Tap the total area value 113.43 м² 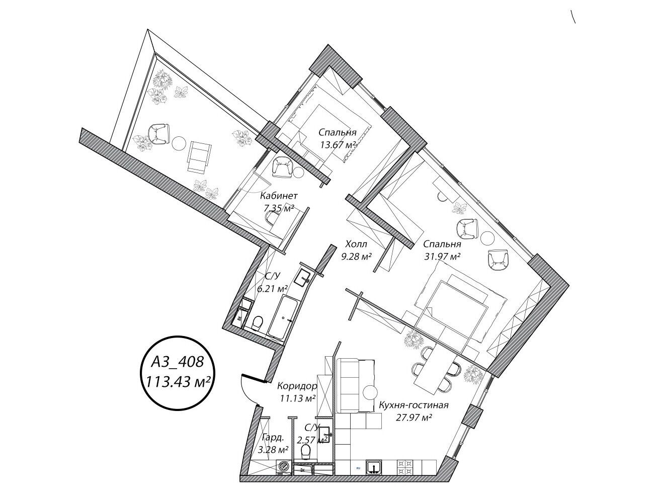[x=178, y=381]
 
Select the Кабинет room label [x=279, y=196]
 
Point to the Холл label [x=356, y=244]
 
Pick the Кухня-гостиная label [x=414, y=405]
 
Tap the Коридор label [x=297, y=386]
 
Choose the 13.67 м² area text [x=338, y=145]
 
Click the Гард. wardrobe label [x=273, y=438]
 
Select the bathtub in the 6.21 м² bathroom [x=283, y=318]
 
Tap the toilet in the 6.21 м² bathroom [x=257, y=323]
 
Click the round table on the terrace [x=179, y=143]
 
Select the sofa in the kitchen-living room [x=355, y=385]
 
